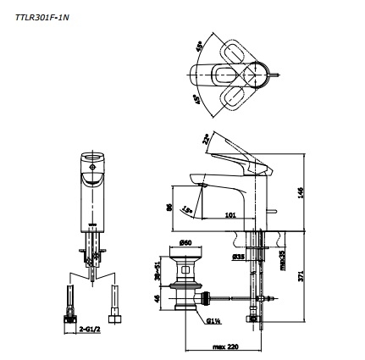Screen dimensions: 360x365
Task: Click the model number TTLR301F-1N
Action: [41, 15]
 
